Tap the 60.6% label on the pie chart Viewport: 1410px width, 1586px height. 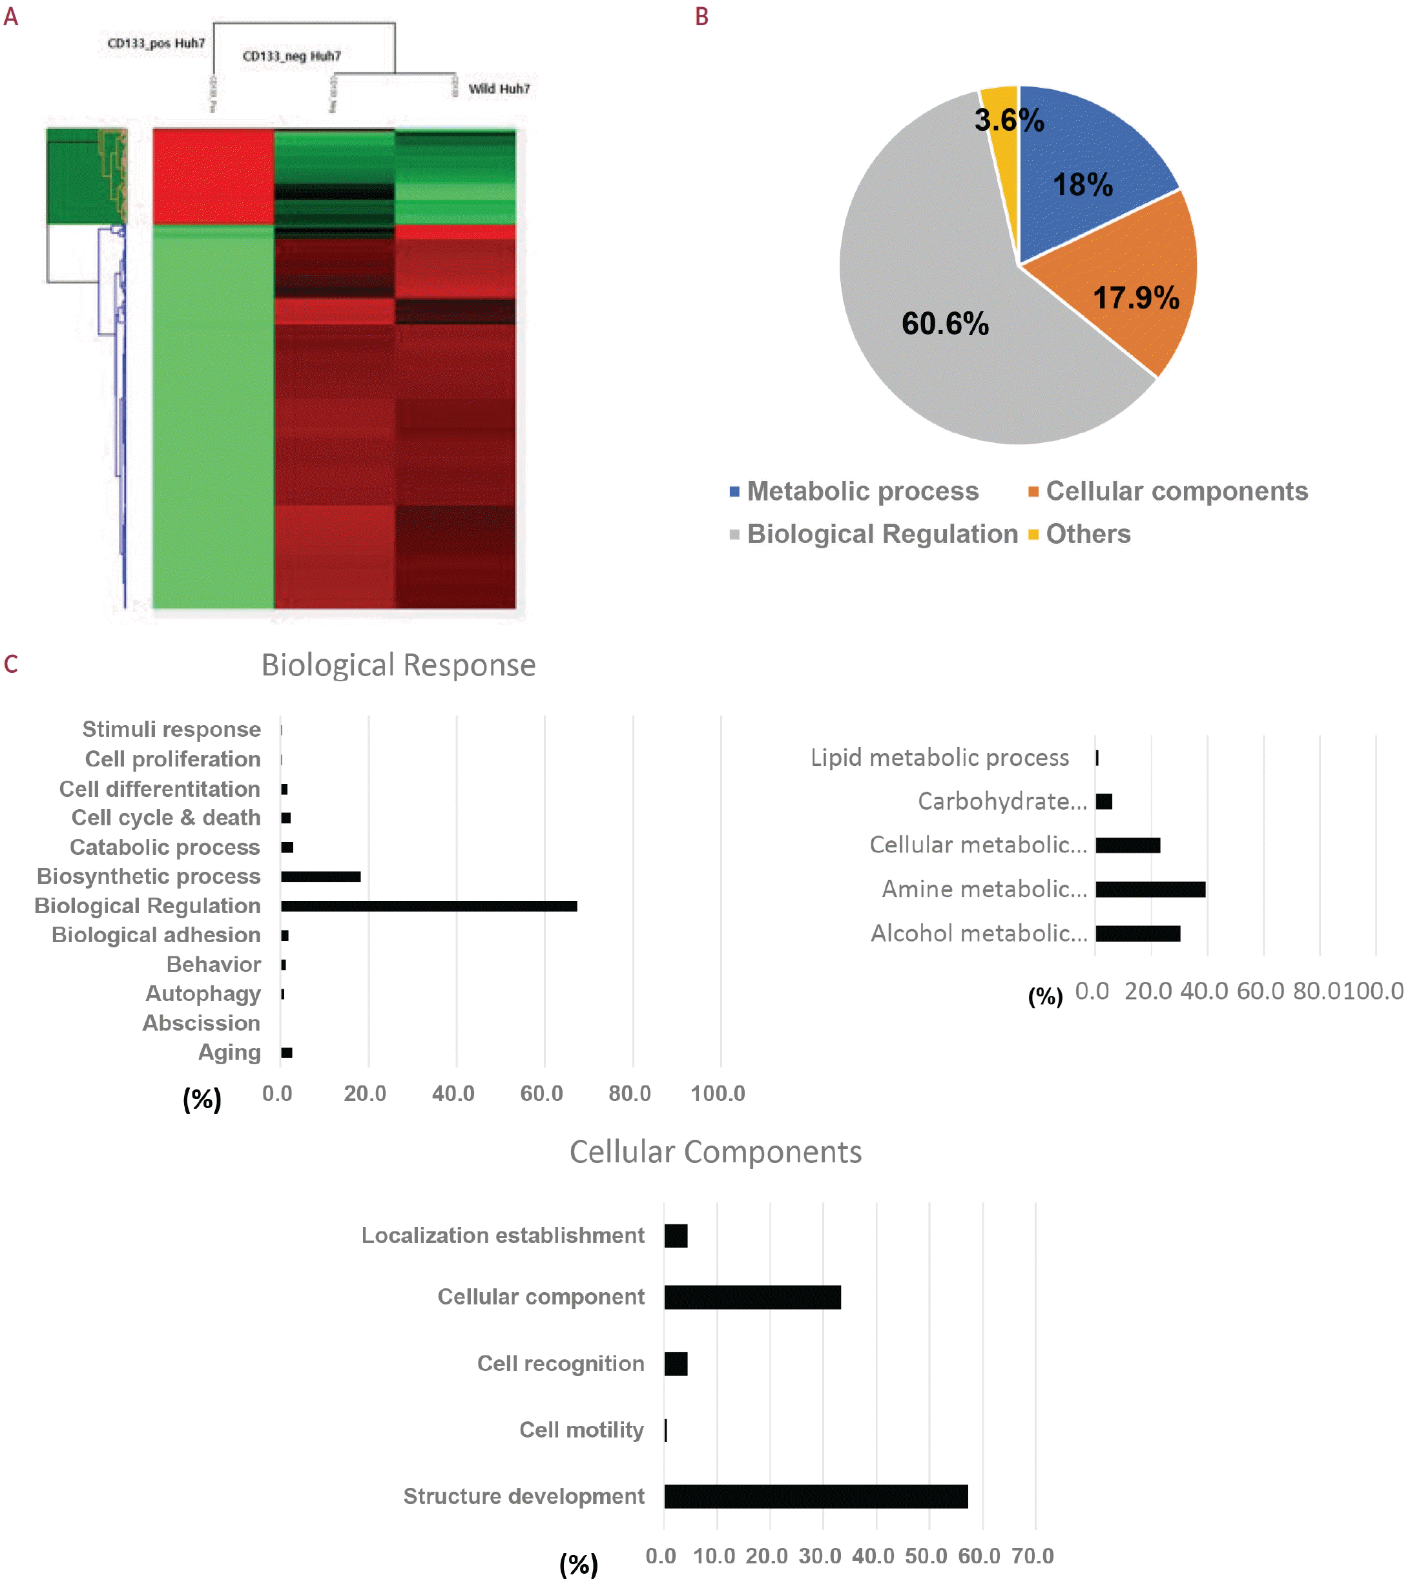point(944,324)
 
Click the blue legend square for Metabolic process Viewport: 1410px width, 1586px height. point(734,491)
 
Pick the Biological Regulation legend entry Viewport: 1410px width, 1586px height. point(882,534)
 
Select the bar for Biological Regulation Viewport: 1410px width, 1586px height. point(428,905)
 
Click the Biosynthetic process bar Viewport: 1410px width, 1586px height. point(320,877)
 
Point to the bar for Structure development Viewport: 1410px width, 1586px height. point(815,1496)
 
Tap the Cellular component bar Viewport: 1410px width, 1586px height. point(752,1297)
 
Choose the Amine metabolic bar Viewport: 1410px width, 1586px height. point(1150,889)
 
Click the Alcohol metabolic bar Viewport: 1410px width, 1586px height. point(1137,933)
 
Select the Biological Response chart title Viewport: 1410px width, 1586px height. point(398,665)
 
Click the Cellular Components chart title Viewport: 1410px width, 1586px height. point(715,1151)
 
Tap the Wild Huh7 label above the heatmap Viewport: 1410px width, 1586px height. point(499,88)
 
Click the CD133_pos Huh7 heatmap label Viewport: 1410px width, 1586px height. point(156,43)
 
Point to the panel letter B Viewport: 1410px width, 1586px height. point(701,16)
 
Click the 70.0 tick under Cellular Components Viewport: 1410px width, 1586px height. point(1032,1556)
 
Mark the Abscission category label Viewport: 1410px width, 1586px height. point(201,1023)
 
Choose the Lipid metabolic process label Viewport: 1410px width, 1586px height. point(939,757)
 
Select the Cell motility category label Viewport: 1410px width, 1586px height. point(581,1429)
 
